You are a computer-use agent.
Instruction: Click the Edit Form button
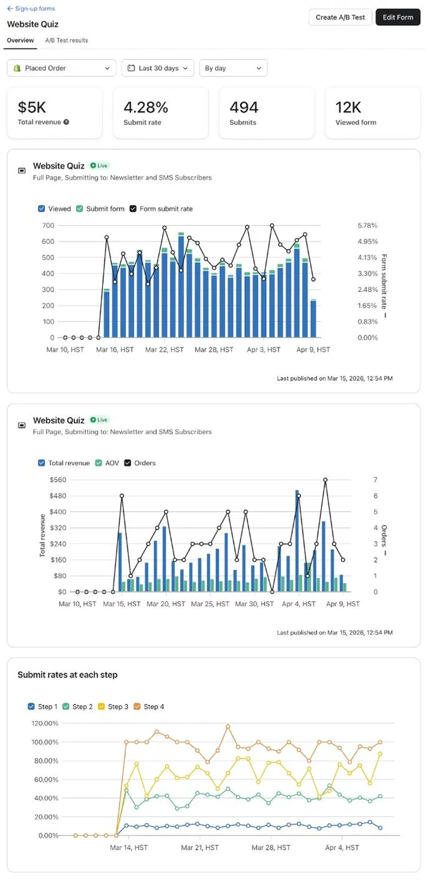click(397, 17)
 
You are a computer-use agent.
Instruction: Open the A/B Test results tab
click(67, 40)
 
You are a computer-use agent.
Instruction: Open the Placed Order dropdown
click(61, 68)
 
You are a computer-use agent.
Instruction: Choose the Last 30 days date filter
click(158, 68)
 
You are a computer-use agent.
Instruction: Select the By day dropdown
click(233, 68)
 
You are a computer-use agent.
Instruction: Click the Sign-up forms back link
click(31, 8)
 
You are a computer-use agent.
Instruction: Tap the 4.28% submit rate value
click(146, 107)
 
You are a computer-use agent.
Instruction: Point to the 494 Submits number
click(244, 107)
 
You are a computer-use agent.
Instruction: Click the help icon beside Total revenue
click(66, 122)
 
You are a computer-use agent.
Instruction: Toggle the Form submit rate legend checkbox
click(133, 209)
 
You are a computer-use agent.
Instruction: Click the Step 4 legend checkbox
click(137, 706)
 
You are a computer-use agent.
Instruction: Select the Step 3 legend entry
click(113, 706)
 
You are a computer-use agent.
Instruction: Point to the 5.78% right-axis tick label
click(367, 225)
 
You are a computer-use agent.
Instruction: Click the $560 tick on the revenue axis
click(58, 480)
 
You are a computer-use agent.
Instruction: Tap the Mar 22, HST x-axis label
click(164, 350)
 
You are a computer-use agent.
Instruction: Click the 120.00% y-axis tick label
click(45, 723)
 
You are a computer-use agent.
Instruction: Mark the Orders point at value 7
click(325, 480)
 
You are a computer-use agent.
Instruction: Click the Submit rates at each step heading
click(68, 675)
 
